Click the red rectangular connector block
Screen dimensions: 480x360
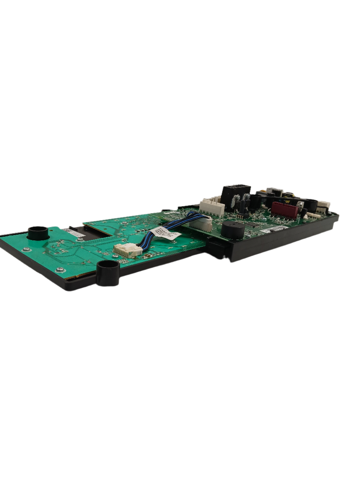[285, 210]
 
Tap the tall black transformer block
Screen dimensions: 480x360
[236, 193]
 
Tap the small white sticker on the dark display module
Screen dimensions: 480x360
[74, 231]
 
